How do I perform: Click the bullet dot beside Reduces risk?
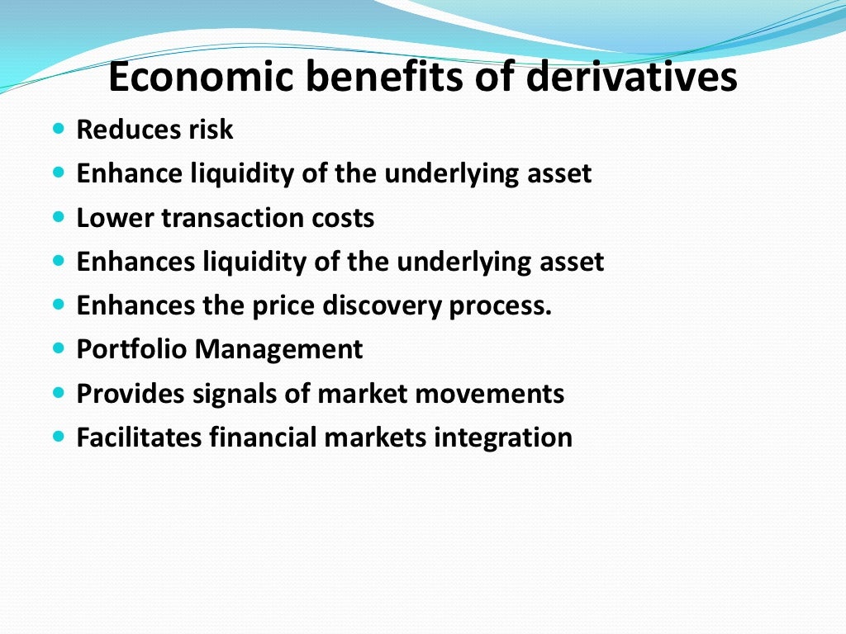point(58,130)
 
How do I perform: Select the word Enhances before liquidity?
point(135,262)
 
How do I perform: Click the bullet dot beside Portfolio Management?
point(58,349)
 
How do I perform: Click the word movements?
point(493,393)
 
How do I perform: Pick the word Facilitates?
point(139,437)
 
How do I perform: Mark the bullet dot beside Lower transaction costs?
point(58,218)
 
